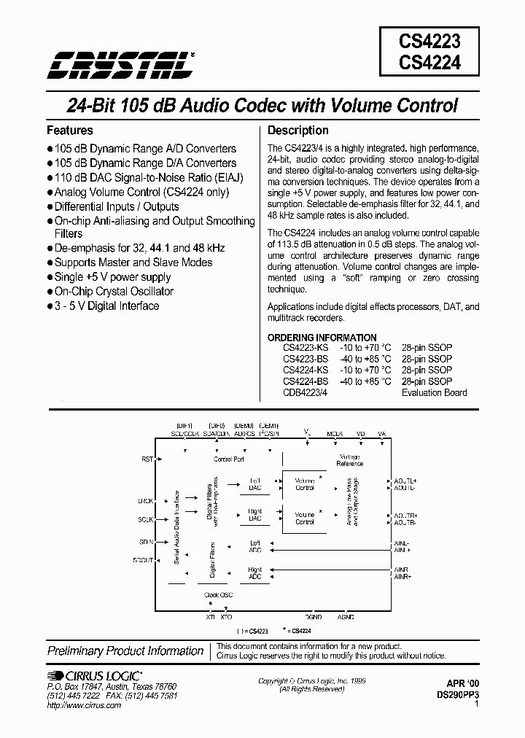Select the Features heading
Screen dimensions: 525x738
click(70, 131)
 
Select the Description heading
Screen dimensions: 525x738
click(298, 131)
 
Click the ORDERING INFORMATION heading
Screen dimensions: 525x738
click(322, 338)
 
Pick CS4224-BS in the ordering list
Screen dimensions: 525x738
click(306, 381)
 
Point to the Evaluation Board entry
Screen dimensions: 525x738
click(435, 392)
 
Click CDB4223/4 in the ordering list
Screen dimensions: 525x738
click(306, 392)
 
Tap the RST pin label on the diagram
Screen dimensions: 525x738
click(147, 459)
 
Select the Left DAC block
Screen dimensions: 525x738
click(255, 484)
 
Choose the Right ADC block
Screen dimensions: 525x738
click(255, 572)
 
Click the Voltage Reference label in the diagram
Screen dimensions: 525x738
click(349, 459)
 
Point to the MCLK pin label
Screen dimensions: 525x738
click(335, 433)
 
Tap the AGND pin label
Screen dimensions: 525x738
click(346, 617)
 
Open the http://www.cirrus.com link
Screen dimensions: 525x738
click(84, 706)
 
